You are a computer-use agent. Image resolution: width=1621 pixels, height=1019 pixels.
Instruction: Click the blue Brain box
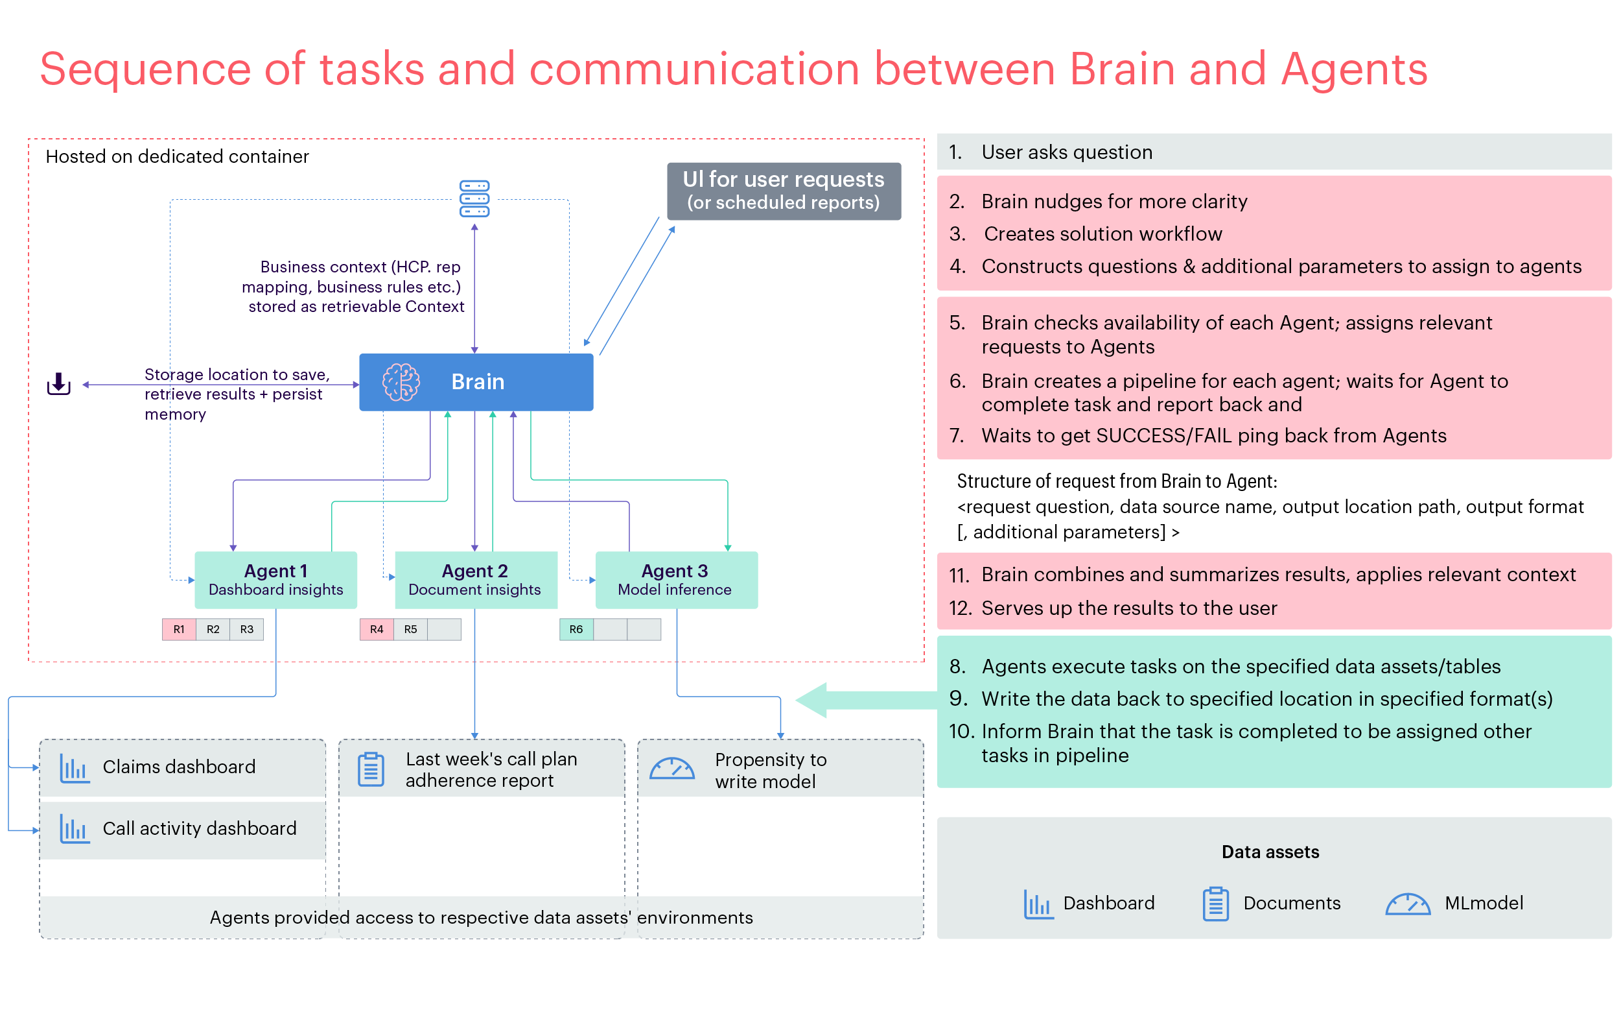point(476,382)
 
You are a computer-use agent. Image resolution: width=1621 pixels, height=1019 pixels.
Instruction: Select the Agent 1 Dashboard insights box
point(275,580)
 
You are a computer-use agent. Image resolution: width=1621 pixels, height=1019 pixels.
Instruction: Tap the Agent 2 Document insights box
point(475,580)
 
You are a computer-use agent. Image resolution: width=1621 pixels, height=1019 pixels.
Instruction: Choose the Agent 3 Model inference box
point(676,580)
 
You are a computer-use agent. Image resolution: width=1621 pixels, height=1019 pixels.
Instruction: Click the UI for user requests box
point(784,191)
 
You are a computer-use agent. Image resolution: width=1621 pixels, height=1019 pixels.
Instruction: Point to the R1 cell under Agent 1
point(179,629)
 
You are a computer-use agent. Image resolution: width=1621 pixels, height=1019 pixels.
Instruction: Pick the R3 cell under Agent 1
point(246,629)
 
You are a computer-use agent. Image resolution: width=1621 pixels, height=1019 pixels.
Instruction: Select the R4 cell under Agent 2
point(377,629)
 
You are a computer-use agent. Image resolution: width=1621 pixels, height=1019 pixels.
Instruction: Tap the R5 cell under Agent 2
point(410,629)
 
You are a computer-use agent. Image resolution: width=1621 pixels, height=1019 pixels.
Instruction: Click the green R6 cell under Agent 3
point(576,629)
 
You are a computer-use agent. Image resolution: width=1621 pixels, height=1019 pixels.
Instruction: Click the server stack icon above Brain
point(474,198)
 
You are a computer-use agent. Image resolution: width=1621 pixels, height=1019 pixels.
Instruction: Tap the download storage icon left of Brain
point(58,384)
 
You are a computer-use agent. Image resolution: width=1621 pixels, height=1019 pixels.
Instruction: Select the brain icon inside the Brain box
point(401,382)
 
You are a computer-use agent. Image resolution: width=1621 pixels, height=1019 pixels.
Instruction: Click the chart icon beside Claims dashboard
point(74,768)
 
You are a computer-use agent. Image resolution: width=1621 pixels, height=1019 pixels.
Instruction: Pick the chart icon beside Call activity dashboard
point(74,829)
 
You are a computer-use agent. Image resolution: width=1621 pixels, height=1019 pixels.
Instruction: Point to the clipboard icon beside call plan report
point(371,769)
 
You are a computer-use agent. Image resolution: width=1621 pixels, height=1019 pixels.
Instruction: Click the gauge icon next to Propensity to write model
point(671,769)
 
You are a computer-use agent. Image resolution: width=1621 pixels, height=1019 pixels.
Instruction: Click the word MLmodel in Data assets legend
point(1484,902)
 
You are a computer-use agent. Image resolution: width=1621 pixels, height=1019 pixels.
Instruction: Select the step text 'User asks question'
point(1066,152)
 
